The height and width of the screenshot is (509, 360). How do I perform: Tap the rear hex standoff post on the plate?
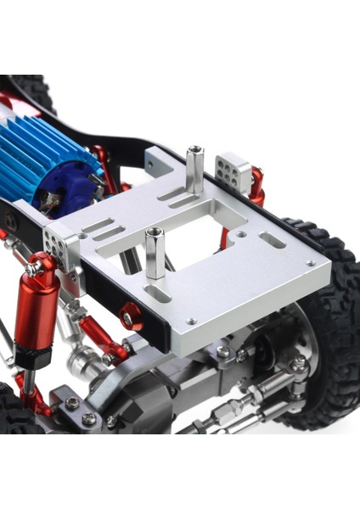tap(194, 170)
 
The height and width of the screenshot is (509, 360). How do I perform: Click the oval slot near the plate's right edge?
tap(273, 240)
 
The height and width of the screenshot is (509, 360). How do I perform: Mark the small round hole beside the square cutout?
tap(241, 233)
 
